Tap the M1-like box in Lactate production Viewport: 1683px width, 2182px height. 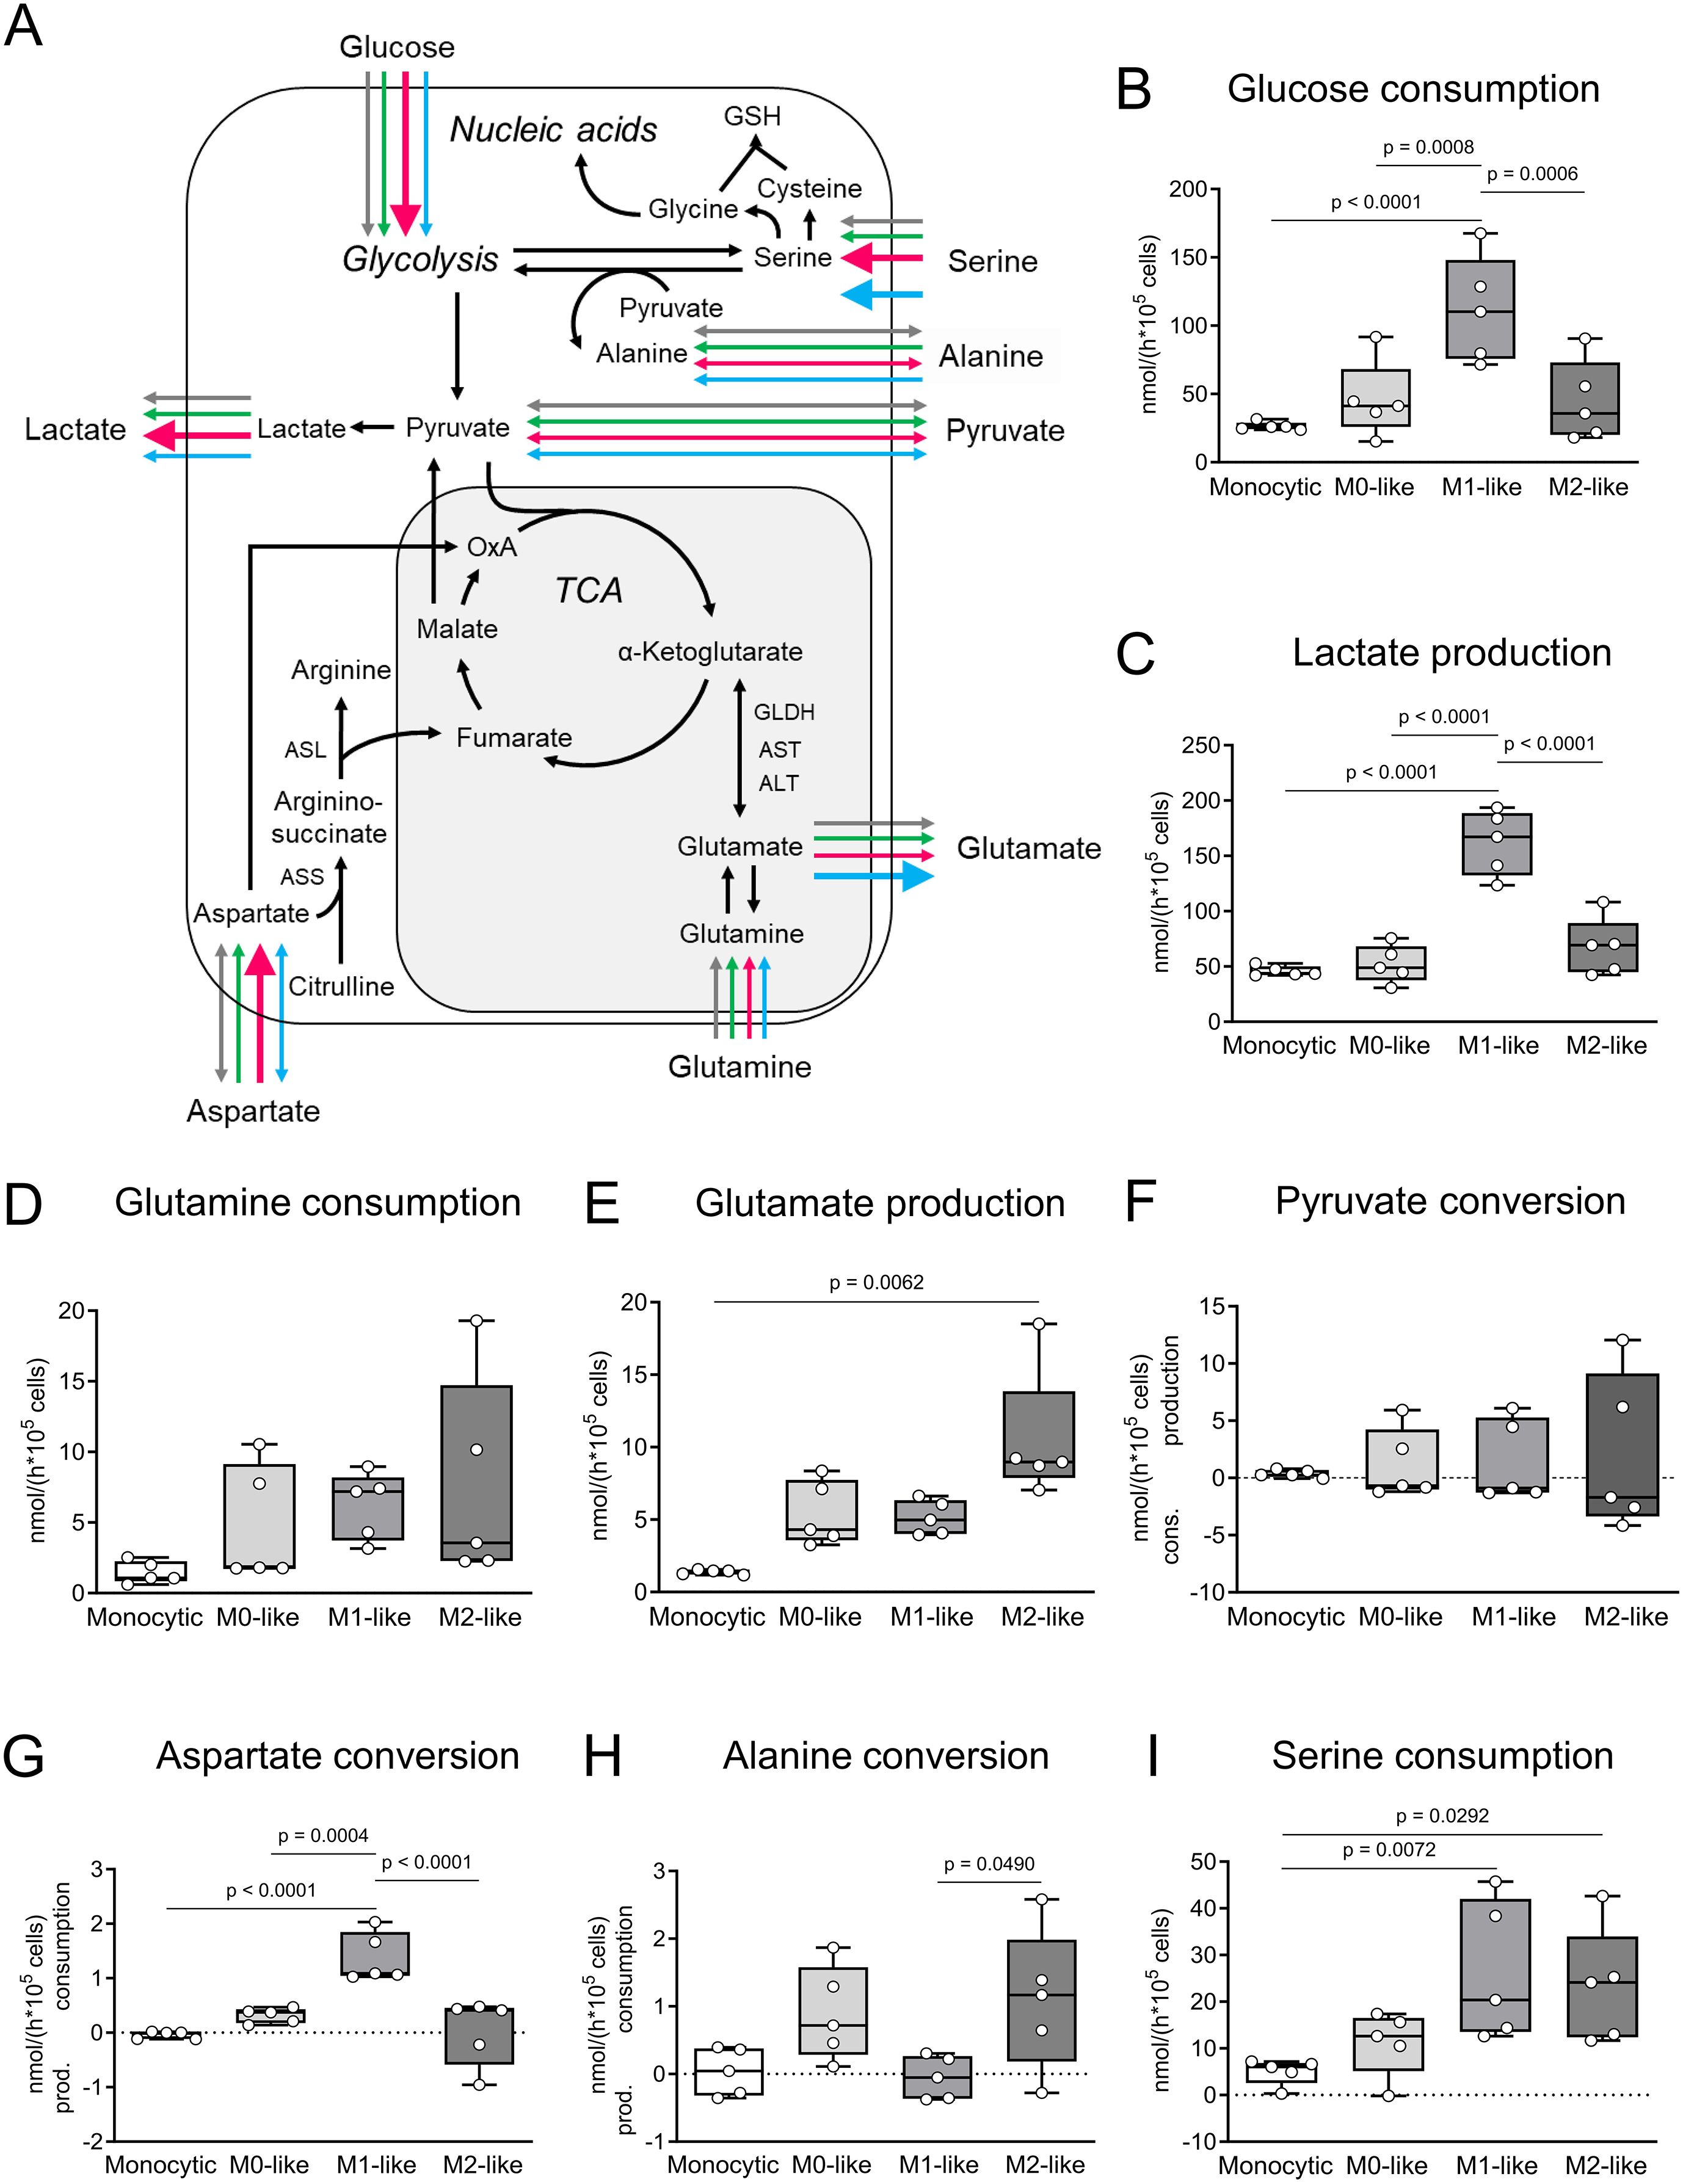click(x=1496, y=844)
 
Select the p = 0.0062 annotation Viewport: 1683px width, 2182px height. click(x=876, y=1282)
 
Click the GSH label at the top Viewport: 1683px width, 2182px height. click(x=752, y=117)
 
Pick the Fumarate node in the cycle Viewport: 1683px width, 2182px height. click(x=514, y=738)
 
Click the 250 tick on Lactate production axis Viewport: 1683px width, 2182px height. click(x=1201, y=745)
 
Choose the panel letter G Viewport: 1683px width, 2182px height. click(x=24, y=1756)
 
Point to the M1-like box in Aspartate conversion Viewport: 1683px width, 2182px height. click(x=375, y=1953)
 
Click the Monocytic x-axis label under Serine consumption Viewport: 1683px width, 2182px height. click(x=1275, y=2165)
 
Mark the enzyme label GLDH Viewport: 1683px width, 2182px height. click(x=783, y=712)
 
